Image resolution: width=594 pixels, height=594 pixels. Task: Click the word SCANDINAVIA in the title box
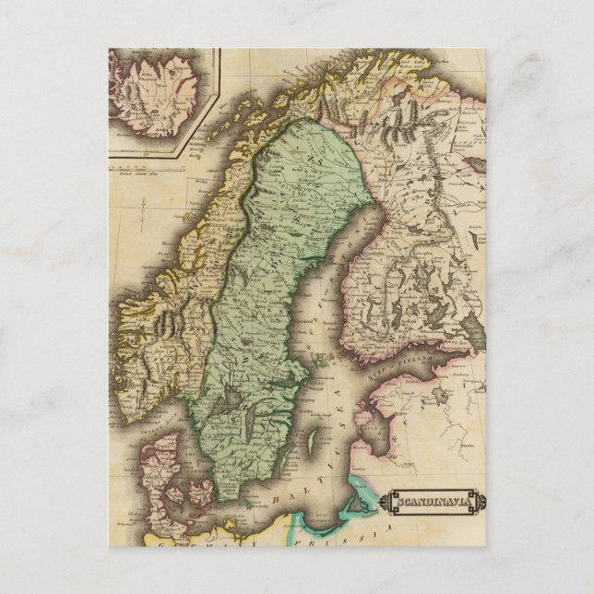click(x=434, y=503)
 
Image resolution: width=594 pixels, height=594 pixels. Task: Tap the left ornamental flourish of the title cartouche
click(x=388, y=503)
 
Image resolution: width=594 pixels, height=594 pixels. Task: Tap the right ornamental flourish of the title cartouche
click(x=480, y=503)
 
